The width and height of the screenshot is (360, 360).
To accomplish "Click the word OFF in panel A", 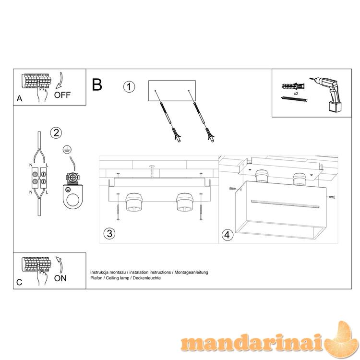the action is click(62, 95).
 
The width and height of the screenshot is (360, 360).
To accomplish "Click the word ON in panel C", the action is click(60, 278).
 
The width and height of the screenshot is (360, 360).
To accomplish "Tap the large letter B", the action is click(97, 84).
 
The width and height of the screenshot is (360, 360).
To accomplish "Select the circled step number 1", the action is click(129, 87).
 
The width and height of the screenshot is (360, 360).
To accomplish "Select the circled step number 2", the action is click(56, 132).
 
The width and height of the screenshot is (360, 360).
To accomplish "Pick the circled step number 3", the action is click(109, 233).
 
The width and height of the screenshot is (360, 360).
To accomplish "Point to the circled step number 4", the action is click(228, 235).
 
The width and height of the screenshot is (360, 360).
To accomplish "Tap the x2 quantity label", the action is click(296, 94).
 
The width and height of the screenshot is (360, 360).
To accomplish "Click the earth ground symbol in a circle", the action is click(67, 150).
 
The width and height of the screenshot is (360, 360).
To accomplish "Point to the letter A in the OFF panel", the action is click(20, 98).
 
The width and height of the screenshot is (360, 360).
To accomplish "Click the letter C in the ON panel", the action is click(19, 282).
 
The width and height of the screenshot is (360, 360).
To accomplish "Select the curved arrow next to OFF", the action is click(60, 81).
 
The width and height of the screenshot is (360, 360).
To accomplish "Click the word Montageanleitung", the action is click(191, 272).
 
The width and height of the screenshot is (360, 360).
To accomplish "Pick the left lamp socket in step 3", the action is click(133, 202).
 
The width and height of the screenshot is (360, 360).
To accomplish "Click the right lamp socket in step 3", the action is click(184, 202).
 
